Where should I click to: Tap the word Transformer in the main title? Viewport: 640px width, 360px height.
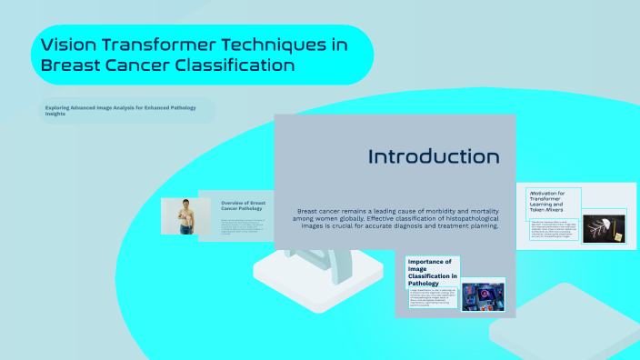point(174,45)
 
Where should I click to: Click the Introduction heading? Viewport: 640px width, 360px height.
point(433,156)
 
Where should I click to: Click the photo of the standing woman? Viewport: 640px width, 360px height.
point(185,216)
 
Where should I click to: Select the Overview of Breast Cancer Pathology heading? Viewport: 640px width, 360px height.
point(244,206)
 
